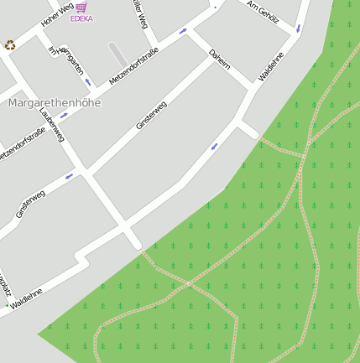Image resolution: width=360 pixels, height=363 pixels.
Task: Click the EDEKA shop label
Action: [x=81, y=18]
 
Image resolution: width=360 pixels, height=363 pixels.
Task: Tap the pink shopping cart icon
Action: [x=81, y=7]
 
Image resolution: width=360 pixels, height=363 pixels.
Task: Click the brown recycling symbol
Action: [x=10, y=45]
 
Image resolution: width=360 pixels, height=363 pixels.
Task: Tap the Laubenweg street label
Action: [x=51, y=122]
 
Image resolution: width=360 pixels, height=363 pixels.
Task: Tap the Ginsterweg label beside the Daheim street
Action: [x=151, y=115]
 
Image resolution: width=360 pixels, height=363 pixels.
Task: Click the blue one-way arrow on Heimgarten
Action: [x=87, y=81]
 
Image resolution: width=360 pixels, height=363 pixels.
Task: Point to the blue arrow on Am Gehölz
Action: [x=298, y=29]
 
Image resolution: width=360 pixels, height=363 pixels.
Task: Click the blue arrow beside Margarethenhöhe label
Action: [x=64, y=116]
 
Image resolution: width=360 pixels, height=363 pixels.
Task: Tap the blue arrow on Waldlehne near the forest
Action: [x=214, y=146]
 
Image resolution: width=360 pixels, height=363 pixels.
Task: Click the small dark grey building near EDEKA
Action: [x=118, y=54]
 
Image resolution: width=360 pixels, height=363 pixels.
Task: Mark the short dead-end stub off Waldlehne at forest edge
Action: [x=250, y=131]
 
